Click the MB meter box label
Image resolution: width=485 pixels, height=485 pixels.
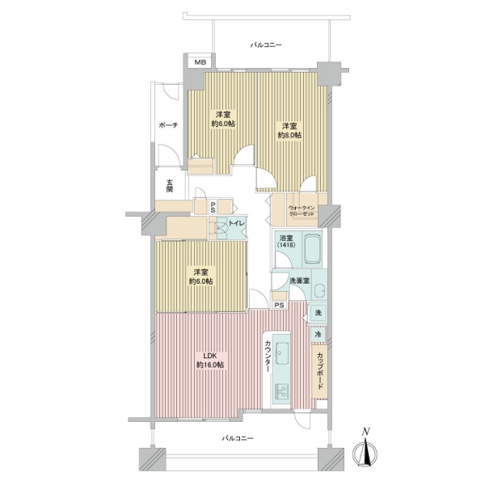[200, 62]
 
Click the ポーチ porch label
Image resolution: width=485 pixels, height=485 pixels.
[169, 125]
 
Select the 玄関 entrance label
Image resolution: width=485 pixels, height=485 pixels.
[169, 186]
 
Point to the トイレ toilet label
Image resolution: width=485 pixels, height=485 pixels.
[236, 224]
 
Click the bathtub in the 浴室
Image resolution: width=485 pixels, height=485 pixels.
[312, 249]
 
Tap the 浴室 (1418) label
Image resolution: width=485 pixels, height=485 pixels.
[286, 241]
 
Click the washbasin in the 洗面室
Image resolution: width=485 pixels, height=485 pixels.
[320, 291]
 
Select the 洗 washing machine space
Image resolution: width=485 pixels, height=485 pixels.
[318, 313]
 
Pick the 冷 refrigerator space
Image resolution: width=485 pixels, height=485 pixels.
[318, 335]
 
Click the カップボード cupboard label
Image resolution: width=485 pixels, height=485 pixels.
[320, 371]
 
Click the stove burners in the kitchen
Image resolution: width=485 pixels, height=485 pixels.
[281, 392]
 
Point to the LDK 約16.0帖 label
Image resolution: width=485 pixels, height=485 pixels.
[210, 361]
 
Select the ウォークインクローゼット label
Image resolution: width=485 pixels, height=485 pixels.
[302, 211]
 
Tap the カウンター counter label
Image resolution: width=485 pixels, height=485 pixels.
[268, 356]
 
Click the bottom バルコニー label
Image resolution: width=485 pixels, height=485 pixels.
[238, 439]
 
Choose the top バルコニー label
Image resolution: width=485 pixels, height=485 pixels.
[266, 45]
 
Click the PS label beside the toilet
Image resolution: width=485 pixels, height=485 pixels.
[213, 207]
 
